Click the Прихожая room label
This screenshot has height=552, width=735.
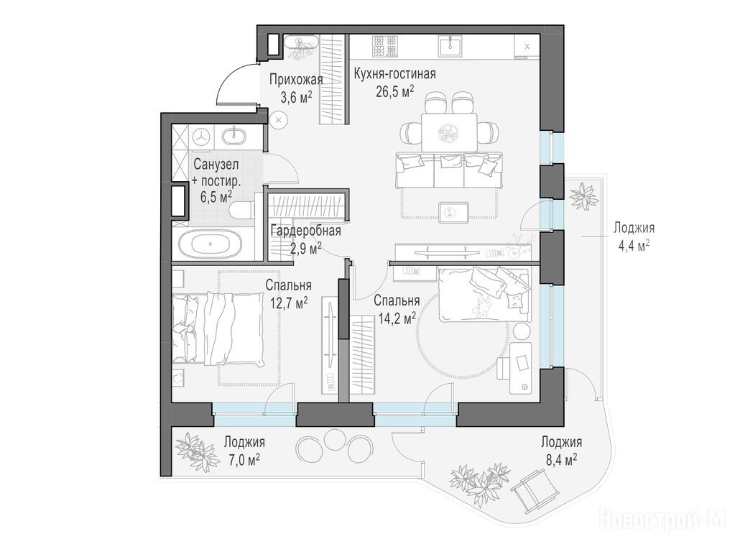point(296,79)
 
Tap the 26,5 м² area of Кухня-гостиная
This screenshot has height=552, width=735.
point(394,91)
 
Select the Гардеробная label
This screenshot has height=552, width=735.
point(305,231)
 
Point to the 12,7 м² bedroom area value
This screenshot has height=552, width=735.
point(288,301)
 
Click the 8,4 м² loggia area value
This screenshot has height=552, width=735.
point(561,459)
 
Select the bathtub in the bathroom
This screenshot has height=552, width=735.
point(211,244)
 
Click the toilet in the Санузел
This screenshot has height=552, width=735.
point(242,210)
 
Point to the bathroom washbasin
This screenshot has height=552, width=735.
point(234,136)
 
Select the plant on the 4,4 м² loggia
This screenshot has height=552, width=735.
point(584,197)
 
